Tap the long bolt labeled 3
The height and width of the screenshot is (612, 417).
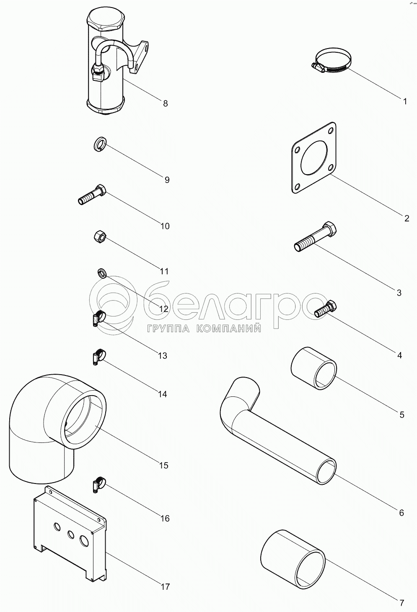point(315,237)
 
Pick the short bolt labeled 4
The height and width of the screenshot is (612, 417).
point(326,309)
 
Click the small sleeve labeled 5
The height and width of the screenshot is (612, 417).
point(313,368)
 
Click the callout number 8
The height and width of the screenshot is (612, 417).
point(165,103)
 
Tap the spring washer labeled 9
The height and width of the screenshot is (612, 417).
point(100,144)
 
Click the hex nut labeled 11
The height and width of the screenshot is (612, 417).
point(100,237)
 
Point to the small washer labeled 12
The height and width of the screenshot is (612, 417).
point(102,273)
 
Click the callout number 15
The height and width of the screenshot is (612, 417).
point(163,465)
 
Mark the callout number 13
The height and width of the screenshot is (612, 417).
point(162,356)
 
